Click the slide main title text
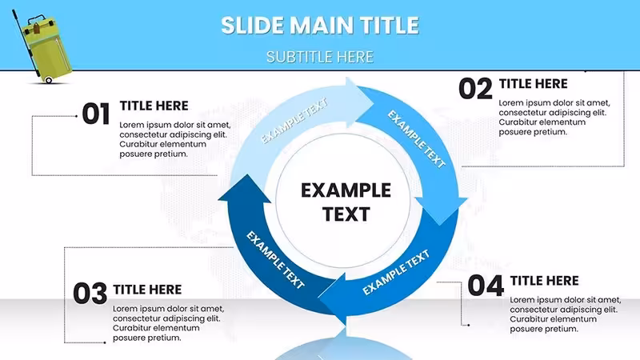tap(320, 26)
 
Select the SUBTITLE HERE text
tap(320, 57)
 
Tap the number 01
tap(96, 114)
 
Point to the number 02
tap(475, 89)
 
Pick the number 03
tap(90, 293)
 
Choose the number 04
tap(486, 286)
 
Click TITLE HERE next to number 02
tap(533, 84)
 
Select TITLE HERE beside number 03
tap(147, 290)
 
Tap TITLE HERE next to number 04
tap(545, 281)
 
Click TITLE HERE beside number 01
tap(154, 106)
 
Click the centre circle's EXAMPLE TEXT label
tap(346, 202)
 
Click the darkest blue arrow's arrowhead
tap(245, 189)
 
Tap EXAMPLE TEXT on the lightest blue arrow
tap(294, 121)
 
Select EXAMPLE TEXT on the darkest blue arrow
tap(275, 259)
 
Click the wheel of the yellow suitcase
tap(49, 80)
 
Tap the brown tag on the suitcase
tap(36, 29)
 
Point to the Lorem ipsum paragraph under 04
tap(566, 314)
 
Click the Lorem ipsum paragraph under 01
tap(175, 139)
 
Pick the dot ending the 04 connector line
tap(469, 325)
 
